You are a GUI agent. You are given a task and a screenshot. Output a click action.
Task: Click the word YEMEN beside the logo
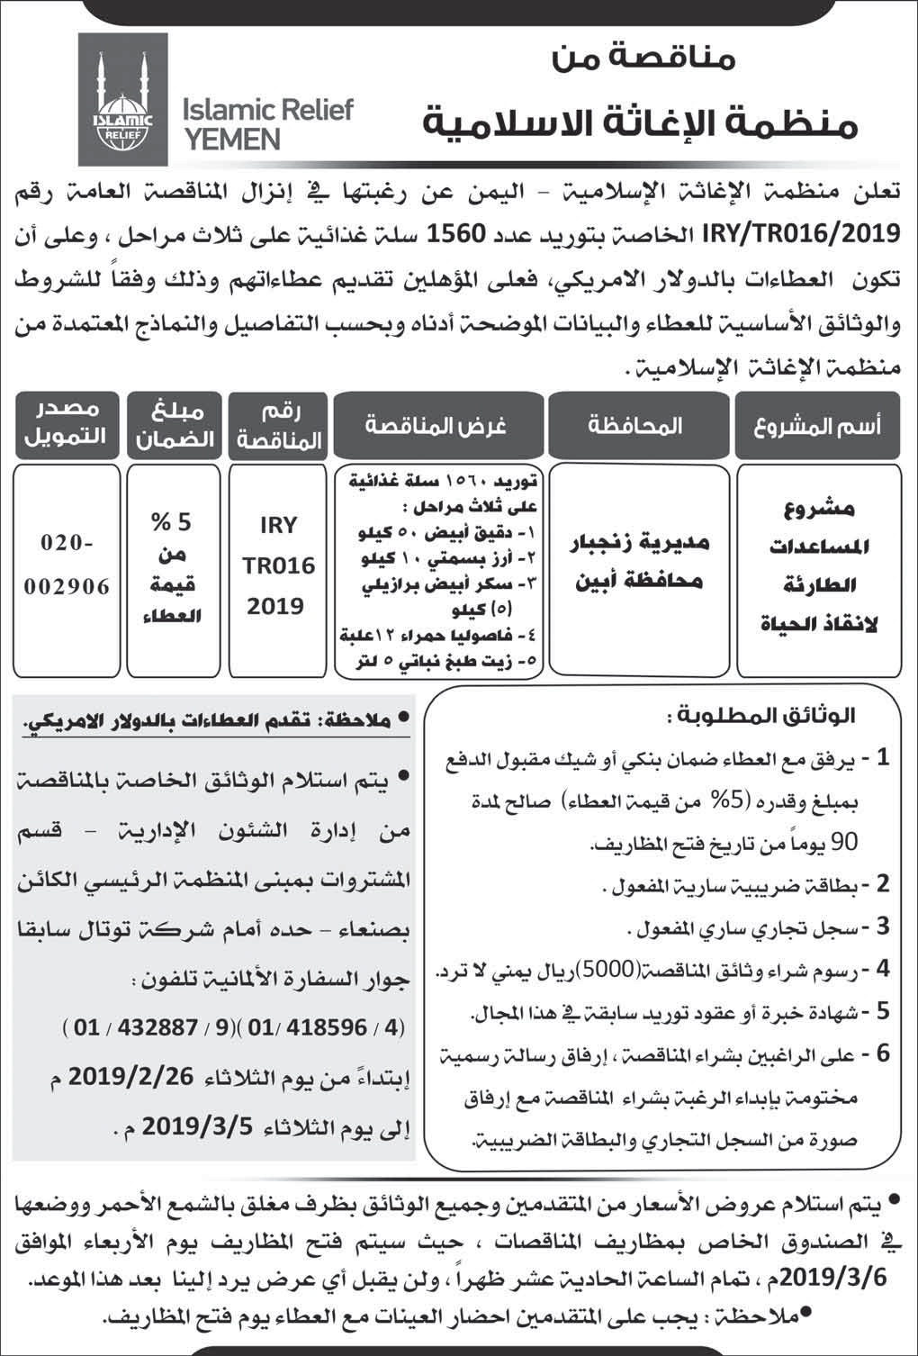coord(230,138)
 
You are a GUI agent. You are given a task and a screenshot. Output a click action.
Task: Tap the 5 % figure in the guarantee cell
coord(171,522)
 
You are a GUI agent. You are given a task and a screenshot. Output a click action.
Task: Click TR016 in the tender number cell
coord(277,565)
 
